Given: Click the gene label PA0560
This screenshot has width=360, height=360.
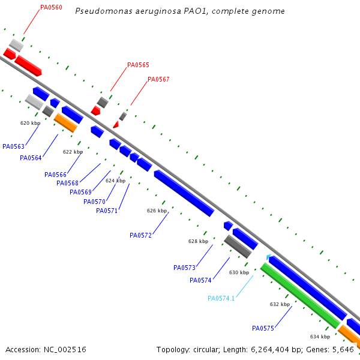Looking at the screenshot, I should [x=51, y=7].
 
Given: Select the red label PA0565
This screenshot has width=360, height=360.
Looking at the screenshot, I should [x=138, y=65].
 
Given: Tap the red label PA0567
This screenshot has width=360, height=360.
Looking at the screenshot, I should [x=158, y=79].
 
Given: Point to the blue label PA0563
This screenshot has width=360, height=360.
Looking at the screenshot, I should [x=13, y=146].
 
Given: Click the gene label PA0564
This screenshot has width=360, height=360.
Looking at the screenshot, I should [x=31, y=158].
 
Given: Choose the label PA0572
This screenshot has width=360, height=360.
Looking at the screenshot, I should [x=140, y=235].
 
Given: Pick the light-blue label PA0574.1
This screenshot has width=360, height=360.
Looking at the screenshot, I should [x=221, y=298].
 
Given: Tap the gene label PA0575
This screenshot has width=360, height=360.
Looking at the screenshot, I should [x=263, y=328].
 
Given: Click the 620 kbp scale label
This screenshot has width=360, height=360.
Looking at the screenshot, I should [x=30, y=123].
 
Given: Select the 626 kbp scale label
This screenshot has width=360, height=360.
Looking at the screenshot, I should [x=157, y=211].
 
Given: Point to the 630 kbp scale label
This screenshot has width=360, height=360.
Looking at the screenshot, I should [x=239, y=272].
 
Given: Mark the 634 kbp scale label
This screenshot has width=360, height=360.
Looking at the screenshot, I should [x=320, y=337].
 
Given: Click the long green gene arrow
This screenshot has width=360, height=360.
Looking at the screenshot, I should [x=300, y=295].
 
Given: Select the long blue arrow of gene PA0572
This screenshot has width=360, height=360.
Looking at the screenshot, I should [x=184, y=193].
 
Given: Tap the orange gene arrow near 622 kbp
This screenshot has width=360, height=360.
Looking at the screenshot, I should [x=65, y=122].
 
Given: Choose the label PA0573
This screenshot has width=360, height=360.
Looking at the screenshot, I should [x=184, y=268].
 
